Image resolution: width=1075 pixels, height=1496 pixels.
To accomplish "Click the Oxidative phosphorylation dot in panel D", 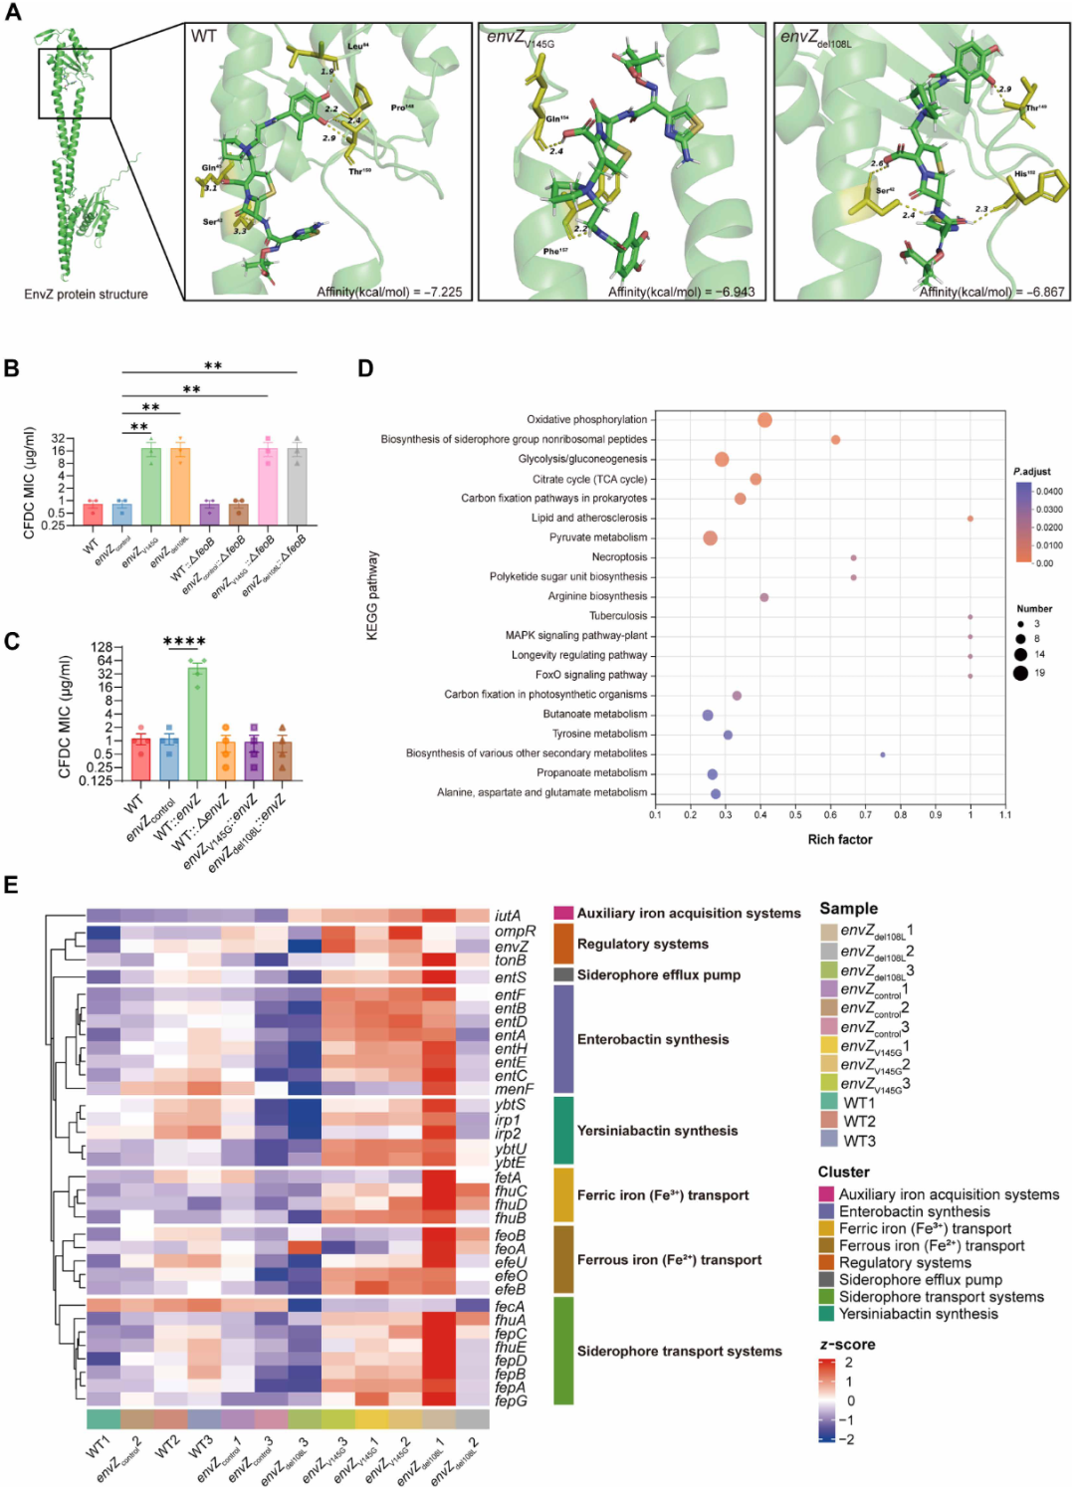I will (764, 420).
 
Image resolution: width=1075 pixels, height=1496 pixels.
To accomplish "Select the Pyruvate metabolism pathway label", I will (598, 537).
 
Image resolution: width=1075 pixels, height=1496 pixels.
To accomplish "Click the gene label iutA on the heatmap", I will (508, 916).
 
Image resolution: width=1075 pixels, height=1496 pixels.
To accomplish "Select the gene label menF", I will (514, 1089).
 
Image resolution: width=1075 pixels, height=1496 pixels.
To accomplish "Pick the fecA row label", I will (510, 1307).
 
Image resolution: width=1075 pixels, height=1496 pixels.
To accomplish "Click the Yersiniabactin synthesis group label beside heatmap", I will (657, 1131).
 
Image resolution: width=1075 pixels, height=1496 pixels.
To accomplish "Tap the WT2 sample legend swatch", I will (829, 1121).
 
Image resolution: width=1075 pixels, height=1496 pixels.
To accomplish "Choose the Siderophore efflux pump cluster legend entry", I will (920, 1280).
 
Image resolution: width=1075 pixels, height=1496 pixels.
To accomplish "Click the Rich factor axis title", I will (840, 839).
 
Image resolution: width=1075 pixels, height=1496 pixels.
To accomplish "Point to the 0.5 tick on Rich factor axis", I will (795, 815).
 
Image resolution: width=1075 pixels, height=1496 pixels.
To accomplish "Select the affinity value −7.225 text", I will (389, 292).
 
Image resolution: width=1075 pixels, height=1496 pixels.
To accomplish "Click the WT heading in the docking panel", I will (204, 37).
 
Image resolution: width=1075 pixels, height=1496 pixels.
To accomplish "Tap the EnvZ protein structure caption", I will (86, 295).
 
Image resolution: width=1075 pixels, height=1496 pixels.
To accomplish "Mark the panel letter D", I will (365, 369).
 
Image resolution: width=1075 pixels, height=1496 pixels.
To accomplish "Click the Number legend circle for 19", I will (1020, 673).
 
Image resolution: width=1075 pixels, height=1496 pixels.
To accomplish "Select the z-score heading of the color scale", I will (847, 1345).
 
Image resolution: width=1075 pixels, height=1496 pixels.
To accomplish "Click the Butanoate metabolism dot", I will (708, 716).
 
